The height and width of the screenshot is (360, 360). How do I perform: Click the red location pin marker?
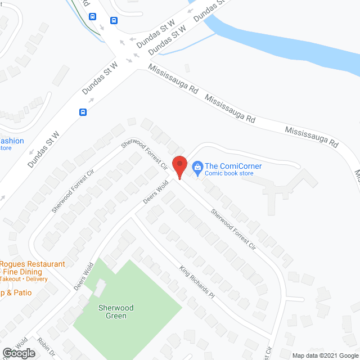pyautogui.click(x=179, y=166)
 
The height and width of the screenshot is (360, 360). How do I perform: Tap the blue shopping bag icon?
pyautogui.click(x=197, y=166)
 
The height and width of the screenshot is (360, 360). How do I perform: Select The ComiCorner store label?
pyautogui.click(x=233, y=166)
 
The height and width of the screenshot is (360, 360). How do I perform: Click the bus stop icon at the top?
pyautogui.click(x=114, y=21)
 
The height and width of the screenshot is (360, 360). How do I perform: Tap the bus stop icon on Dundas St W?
pyautogui.click(x=83, y=112)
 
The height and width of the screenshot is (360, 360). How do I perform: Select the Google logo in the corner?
pyautogui.click(x=18, y=353)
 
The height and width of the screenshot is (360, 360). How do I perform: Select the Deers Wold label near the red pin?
pyautogui.click(x=156, y=193)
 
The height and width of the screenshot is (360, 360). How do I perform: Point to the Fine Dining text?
pyautogui.click(x=25, y=272)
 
